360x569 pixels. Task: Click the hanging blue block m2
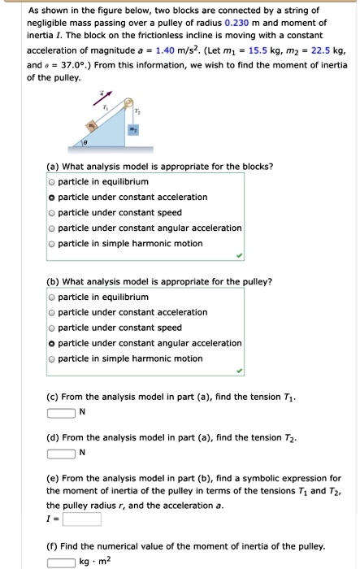pos(137,129)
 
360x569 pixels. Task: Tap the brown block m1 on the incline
pos(93,127)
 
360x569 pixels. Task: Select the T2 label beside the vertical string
pos(138,111)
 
